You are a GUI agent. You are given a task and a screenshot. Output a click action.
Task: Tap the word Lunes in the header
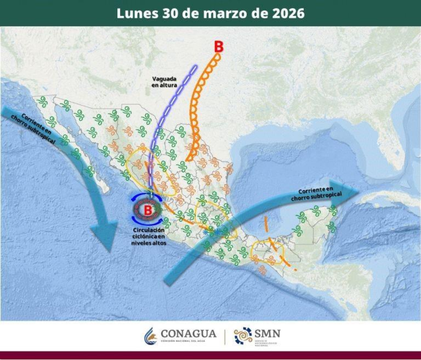pos(136,13)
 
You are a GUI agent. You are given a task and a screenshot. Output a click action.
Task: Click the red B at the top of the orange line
pos(218,47)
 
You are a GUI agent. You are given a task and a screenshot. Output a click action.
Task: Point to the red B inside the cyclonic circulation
pos(148,210)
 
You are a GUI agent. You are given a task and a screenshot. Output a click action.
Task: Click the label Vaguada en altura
pos(162,82)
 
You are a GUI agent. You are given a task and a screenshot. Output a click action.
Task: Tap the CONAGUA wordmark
pos(188,334)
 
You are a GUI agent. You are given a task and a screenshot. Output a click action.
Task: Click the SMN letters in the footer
pos(267,333)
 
